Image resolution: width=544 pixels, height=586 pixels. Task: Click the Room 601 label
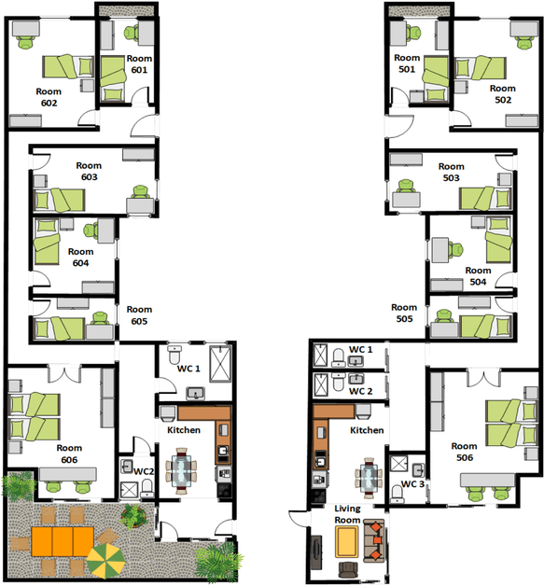139,64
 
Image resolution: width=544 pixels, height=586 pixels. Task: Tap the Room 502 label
503,94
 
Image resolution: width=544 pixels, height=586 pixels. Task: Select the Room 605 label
139,315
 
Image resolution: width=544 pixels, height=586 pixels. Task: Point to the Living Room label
347,514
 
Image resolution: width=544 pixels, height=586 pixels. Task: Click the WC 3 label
412,484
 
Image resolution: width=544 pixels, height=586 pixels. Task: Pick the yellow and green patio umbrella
105,560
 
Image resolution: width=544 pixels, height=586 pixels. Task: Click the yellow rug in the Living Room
347,541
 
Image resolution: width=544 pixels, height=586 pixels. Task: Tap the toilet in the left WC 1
174,355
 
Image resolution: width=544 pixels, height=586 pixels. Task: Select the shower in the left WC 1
220,364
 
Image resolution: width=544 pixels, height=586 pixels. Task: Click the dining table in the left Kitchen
181,471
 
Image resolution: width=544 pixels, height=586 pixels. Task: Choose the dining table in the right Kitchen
370,478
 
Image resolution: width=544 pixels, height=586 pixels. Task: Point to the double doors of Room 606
64,373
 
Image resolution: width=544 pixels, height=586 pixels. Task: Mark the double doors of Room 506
483,377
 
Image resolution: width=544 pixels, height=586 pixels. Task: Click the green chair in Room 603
141,191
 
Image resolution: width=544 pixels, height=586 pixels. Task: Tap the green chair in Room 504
456,250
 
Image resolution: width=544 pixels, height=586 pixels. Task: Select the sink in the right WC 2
356,380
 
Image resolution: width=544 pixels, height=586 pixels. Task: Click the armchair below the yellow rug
347,570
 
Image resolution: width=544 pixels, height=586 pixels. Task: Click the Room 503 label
452,172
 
